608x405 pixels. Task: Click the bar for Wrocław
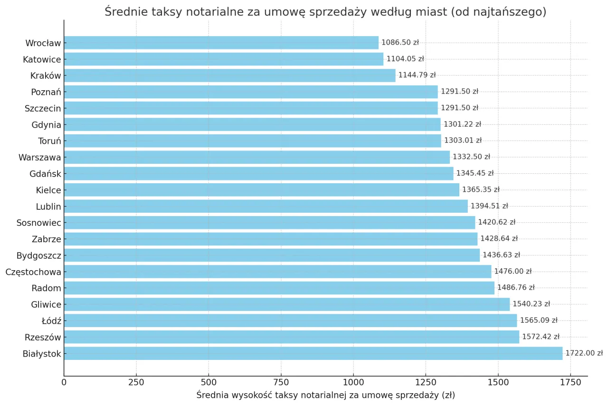tap(221, 43)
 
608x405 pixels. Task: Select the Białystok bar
tap(313, 353)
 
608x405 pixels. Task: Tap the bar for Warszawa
tap(256, 157)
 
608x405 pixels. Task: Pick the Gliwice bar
tap(286, 304)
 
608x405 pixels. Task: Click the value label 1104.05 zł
tap(405, 59)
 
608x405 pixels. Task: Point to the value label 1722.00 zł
tap(584, 353)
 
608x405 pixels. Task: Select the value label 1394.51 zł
tap(489, 206)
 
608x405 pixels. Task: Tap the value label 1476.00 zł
tap(513, 272)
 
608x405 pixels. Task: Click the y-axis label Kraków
tap(46, 75)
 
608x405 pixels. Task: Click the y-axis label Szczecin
tap(43, 108)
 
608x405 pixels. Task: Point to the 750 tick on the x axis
tap(281, 382)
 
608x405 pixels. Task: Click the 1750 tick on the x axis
tap(570, 382)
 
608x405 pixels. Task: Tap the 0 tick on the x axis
tap(64, 382)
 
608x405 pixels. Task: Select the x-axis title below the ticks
tap(325, 396)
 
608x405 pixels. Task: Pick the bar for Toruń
tap(252, 141)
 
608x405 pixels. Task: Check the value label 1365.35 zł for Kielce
tap(481, 190)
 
